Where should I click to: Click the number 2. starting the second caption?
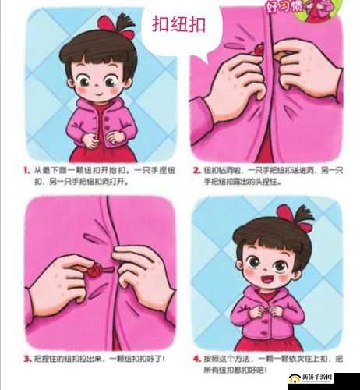click(x=196, y=169)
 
